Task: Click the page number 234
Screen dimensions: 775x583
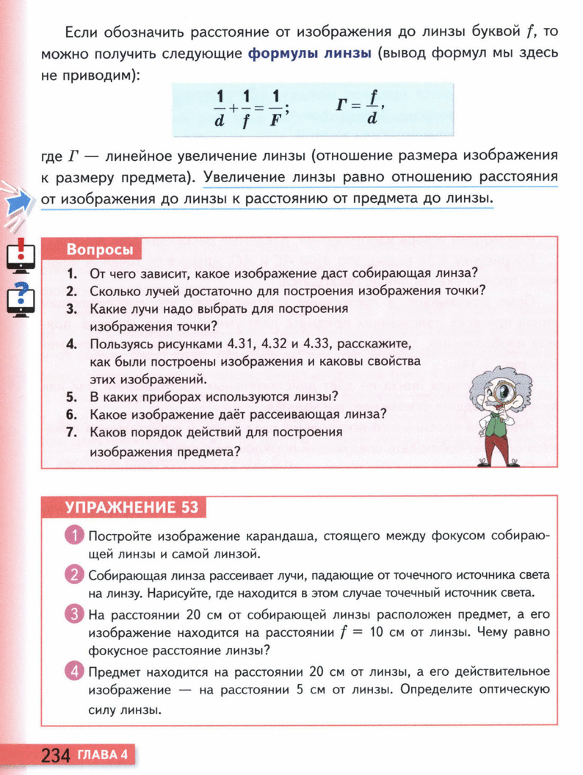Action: click(56, 755)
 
